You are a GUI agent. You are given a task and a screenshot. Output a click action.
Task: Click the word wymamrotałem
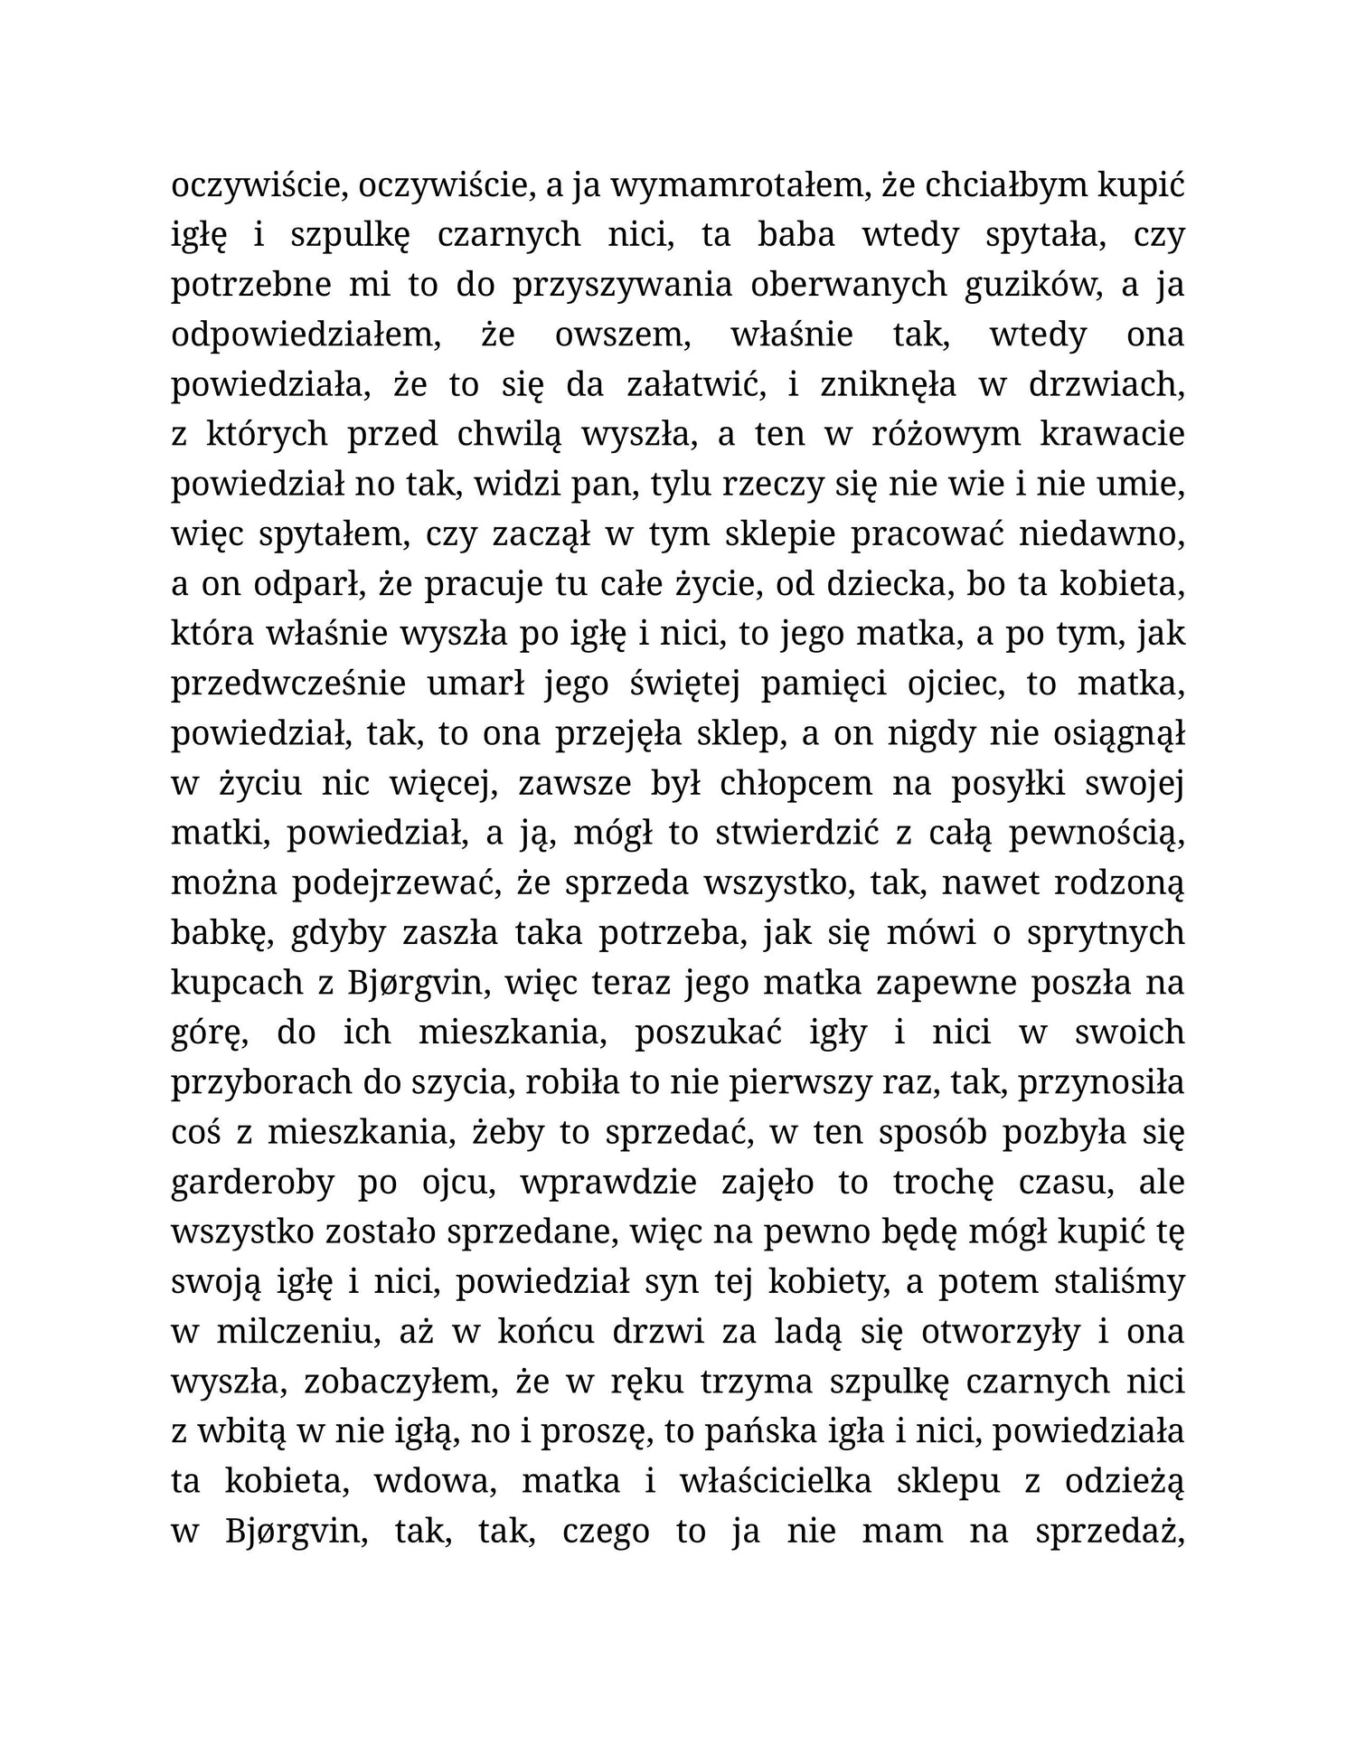pos(738,185)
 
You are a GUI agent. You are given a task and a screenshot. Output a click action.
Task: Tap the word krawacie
pos(1112,435)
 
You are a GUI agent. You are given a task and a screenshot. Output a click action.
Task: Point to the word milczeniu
pos(292,1333)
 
